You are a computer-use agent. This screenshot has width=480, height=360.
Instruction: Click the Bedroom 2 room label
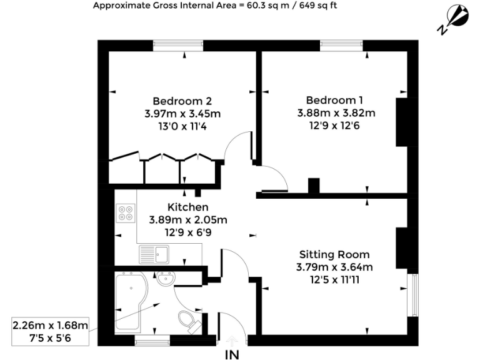pyautogui.click(x=182, y=101)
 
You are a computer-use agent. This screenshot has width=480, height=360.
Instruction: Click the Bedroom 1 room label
pyautogui.click(x=334, y=100)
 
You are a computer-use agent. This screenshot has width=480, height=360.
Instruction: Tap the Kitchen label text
pyautogui.click(x=187, y=207)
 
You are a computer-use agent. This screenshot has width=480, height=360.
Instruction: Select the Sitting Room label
pyautogui.click(x=334, y=254)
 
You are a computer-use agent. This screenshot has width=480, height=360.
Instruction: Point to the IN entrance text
pyautogui.click(x=232, y=354)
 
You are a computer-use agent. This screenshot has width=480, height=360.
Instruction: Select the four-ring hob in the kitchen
pyautogui.click(x=126, y=213)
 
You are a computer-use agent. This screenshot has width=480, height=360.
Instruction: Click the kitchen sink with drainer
pyautogui.click(x=154, y=254)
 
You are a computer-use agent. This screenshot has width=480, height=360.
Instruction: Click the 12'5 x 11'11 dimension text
pyautogui.click(x=334, y=279)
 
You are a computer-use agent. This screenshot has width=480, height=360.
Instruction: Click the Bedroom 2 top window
pyautogui.click(x=178, y=45)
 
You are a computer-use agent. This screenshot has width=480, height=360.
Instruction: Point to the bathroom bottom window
pyautogui.click(x=153, y=341)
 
